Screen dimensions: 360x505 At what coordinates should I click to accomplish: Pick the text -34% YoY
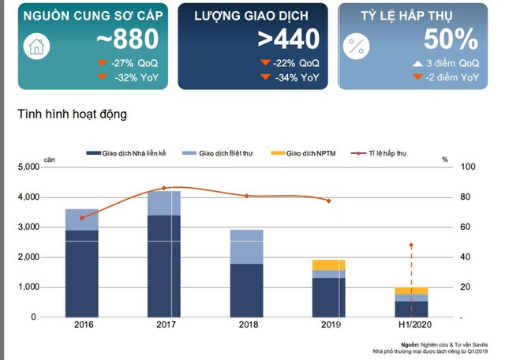(x=295, y=77)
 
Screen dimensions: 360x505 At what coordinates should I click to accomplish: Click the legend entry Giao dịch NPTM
(x=308, y=152)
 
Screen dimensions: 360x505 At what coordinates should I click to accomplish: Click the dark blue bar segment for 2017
(x=164, y=265)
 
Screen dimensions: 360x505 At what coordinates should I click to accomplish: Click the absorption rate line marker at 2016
(x=82, y=218)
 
